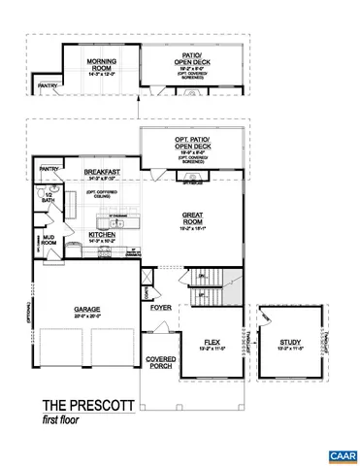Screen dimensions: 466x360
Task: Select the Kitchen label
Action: [104, 235]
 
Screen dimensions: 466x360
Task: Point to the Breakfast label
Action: [102, 173]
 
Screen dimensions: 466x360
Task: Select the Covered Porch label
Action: [161, 362]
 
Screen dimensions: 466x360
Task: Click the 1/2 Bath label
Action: [48, 199]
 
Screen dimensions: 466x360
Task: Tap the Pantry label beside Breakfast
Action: [49, 169]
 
